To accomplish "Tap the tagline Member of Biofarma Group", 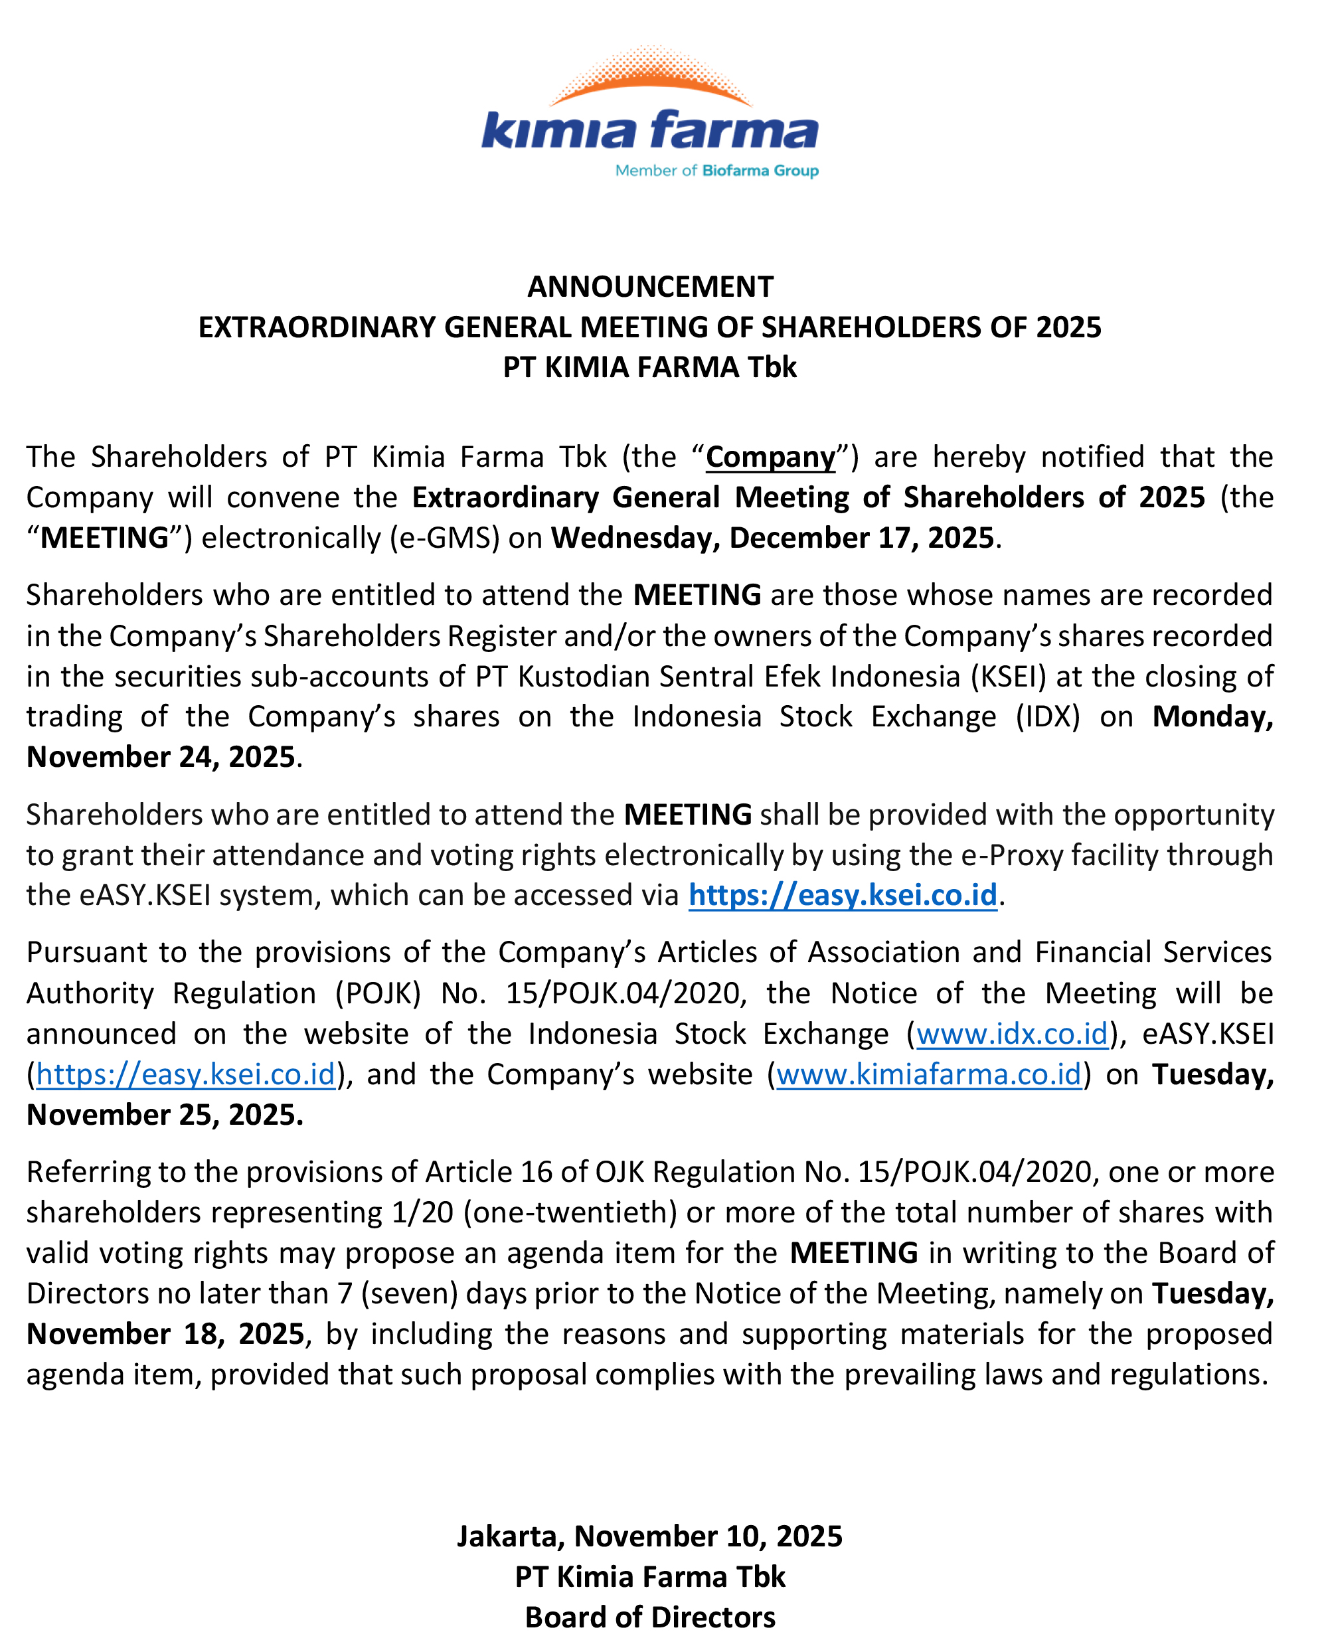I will [x=716, y=171].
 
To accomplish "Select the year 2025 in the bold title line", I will [x=1068, y=327].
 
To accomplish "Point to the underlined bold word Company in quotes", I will [x=770, y=457].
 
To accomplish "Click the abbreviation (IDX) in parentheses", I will [x=1047, y=717].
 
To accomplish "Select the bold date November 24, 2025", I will [x=161, y=757].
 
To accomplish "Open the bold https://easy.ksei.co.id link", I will [x=843, y=895].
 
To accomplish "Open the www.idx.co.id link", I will [x=1011, y=1034].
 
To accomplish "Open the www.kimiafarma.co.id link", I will [x=929, y=1075].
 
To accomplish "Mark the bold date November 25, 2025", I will [x=164, y=1115].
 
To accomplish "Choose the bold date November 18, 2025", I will [x=165, y=1335].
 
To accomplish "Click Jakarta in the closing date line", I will [x=509, y=1536].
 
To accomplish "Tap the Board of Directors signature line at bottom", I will [x=650, y=1617].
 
